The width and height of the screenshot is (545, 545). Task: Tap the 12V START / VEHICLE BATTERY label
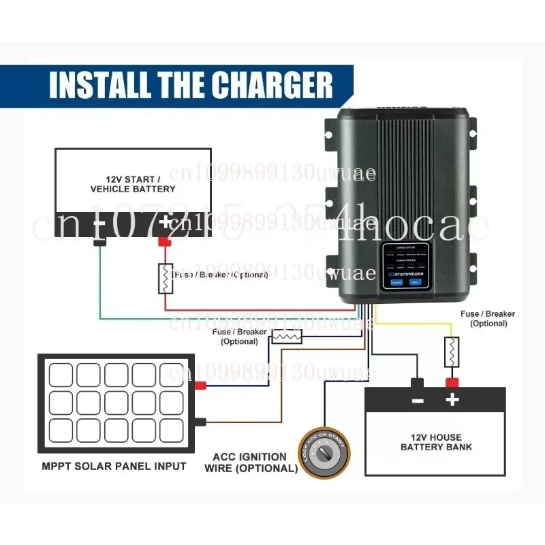tap(133, 183)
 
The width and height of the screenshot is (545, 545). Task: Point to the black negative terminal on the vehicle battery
tap(100, 241)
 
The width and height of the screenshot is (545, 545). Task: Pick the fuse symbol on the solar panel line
tap(287, 336)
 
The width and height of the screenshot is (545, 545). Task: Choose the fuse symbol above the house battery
tap(450, 352)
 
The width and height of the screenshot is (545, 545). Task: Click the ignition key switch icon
tap(324, 453)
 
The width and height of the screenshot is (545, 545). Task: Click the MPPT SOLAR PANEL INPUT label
tap(112, 467)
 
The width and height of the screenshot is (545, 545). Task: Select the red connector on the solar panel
tap(200, 386)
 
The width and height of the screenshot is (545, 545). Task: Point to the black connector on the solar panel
tap(200, 422)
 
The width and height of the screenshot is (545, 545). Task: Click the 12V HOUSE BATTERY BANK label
tap(436, 442)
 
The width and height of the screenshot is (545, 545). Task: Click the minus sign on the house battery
tap(418, 401)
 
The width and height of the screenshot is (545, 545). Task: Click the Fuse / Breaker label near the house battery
tap(488, 319)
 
